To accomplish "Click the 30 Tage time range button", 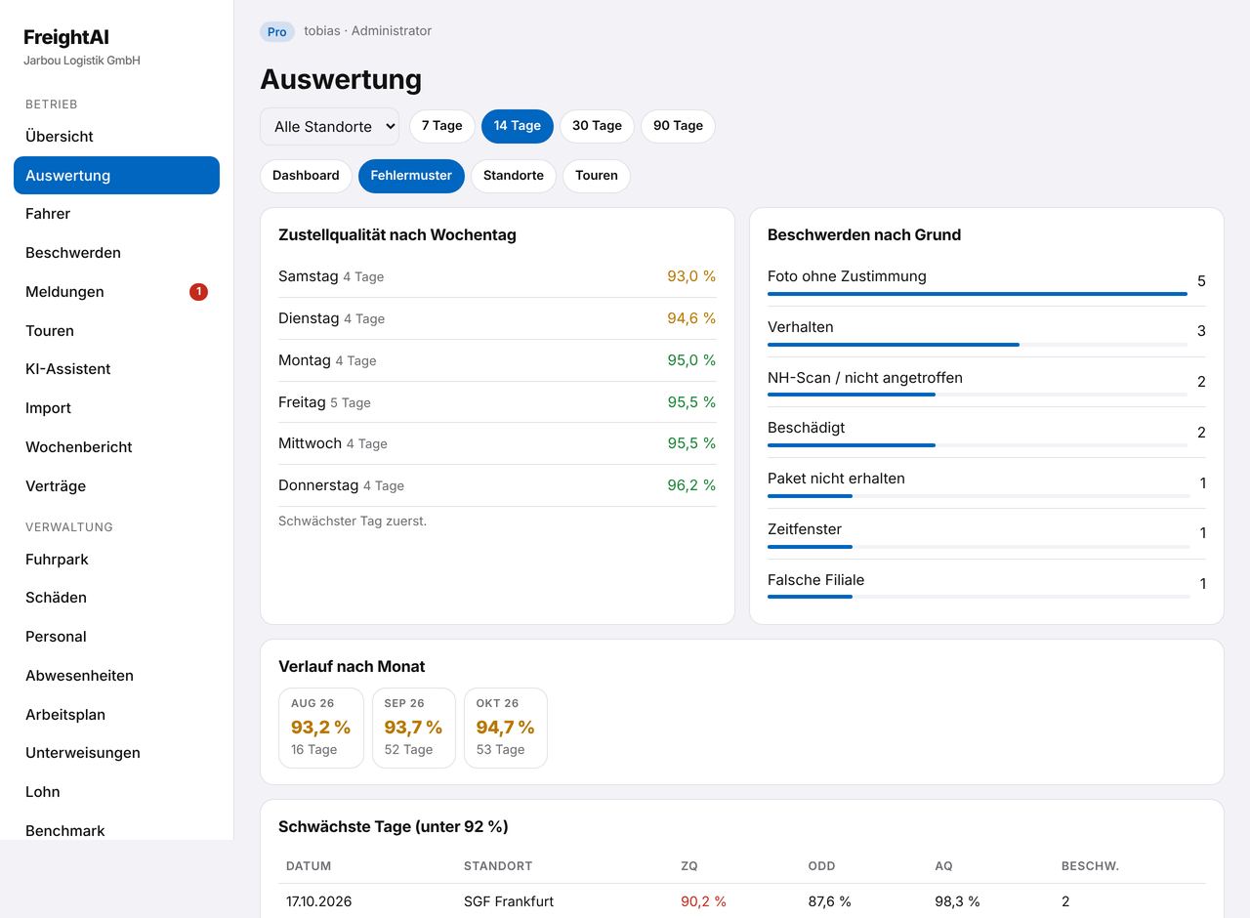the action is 597,126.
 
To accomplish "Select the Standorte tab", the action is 513,176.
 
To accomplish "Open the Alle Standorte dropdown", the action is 329,127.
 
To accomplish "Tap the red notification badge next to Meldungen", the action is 198,292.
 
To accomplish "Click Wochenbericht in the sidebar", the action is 79,447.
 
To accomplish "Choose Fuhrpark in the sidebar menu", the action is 57,560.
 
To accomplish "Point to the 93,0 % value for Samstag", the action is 691,276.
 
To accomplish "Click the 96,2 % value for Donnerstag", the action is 691,485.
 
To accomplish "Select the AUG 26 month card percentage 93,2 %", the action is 320,728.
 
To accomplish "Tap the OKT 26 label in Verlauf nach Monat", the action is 497,703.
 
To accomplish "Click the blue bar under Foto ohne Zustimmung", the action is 978,294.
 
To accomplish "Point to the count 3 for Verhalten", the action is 1201,331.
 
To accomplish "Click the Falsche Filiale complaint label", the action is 815,580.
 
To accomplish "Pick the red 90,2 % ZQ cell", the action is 703,901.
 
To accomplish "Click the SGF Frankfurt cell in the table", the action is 509,901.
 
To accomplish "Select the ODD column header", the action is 821,866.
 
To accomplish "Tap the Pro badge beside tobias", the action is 276,32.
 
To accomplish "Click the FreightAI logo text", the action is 66,37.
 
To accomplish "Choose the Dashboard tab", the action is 306,176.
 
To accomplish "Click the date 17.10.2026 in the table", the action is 318,901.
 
